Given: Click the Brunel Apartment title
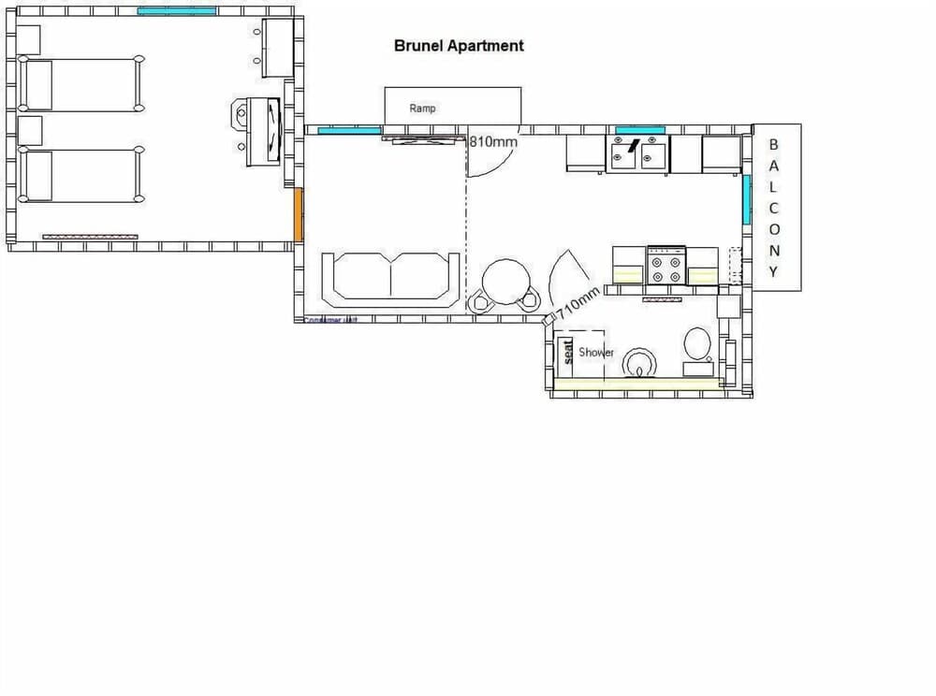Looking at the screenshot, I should (x=459, y=45).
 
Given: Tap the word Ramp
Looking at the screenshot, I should (x=422, y=109).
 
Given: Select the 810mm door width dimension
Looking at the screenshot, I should (x=493, y=143).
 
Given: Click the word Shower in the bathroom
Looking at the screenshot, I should (x=596, y=353).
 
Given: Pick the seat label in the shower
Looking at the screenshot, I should (x=567, y=352).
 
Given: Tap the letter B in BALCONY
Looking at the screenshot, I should (x=773, y=145).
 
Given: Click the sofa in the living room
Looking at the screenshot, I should (x=391, y=277).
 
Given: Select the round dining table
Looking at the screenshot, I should (x=505, y=280).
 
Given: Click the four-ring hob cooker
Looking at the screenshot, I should (x=666, y=265).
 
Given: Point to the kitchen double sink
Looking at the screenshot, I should (x=639, y=154).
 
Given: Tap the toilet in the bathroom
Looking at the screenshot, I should (x=697, y=347).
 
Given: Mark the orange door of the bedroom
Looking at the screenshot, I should (x=299, y=214).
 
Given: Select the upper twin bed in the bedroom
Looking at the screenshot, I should (x=81, y=85).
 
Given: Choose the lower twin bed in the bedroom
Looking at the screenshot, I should (x=81, y=175).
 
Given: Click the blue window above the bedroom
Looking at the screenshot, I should (x=177, y=11).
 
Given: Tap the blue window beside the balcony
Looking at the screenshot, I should (x=746, y=200).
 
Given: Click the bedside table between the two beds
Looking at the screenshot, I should (x=30, y=130).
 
